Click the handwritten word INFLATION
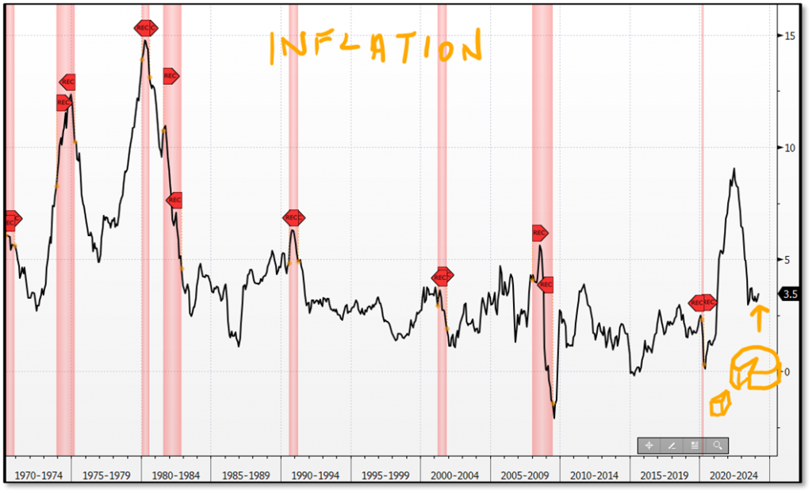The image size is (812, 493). coord(374,48)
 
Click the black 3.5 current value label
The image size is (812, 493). coord(790,295)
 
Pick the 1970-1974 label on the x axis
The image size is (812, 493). coord(40,476)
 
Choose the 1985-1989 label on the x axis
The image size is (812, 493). coord(247,476)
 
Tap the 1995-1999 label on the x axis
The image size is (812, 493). coord(385,476)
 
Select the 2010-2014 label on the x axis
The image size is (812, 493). coord(594,476)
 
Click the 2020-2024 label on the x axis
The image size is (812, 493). coord(733,476)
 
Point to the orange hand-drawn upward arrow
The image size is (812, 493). coord(759,319)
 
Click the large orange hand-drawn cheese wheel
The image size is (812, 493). coord(754,369)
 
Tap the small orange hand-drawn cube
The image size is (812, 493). coord(719,404)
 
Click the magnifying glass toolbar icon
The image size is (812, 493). coord(717,445)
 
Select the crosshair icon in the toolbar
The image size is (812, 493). coord(649,445)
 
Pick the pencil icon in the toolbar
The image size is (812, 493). coord(672,445)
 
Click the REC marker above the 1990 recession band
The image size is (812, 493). coord(293,218)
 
